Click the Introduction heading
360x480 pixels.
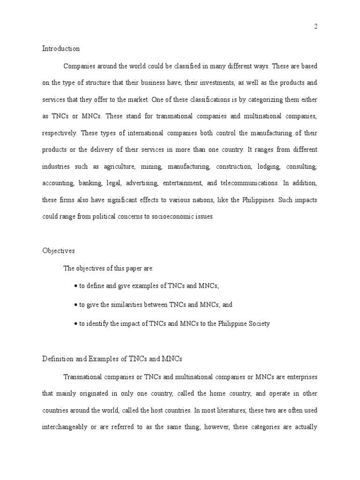pos(61,48)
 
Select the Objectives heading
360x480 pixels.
pos(59,251)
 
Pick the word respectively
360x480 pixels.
pos(60,133)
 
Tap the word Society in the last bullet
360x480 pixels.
pos(258,324)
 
